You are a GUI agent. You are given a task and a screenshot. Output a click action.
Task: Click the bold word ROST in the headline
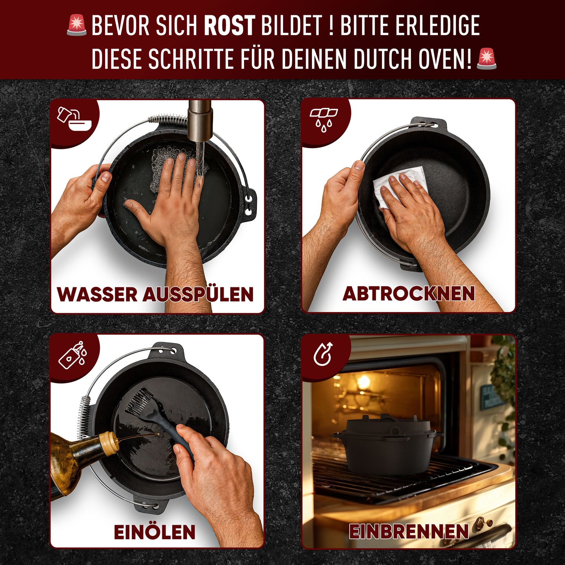[230, 26]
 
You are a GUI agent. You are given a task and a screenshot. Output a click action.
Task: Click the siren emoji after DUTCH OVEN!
[486, 59]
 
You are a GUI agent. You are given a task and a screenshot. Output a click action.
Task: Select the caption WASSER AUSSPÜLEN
[155, 294]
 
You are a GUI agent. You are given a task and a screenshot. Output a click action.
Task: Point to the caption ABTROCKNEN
[409, 294]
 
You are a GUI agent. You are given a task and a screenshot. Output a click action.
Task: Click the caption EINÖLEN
[154, 532]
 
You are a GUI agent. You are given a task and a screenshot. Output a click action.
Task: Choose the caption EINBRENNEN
[409, 531]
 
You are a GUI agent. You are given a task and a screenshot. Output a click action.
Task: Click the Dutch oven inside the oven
[387, 446]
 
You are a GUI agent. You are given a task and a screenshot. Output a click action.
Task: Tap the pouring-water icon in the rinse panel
[74, 119]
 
